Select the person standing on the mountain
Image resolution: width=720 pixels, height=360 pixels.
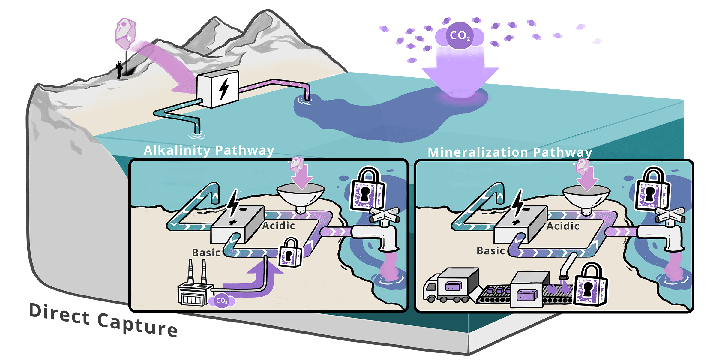120,70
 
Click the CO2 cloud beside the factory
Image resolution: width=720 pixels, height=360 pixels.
222,301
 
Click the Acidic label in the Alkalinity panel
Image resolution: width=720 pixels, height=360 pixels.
279,226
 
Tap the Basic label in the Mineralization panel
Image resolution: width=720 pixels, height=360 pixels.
491,251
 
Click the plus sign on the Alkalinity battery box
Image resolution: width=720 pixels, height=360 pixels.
232,222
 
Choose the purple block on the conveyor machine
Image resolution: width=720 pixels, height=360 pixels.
526,295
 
